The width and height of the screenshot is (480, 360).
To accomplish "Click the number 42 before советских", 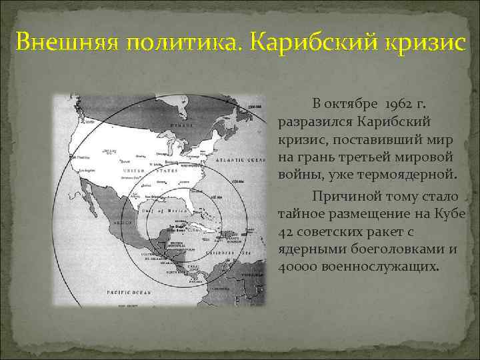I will tap(285, 232).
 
